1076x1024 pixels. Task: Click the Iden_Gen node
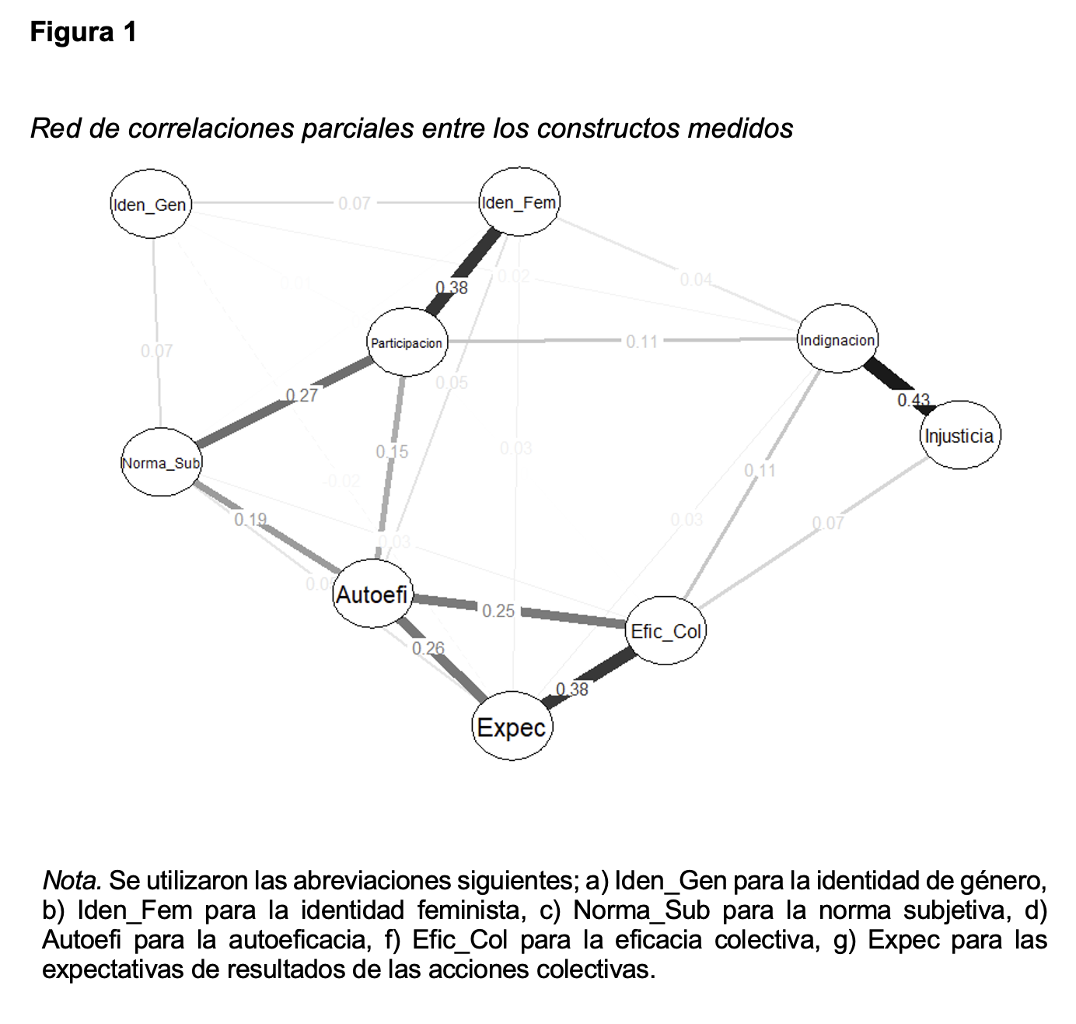pyautogui.click(x=151, y=204)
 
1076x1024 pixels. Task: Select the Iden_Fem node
pyautogui.click(x=519, y=202)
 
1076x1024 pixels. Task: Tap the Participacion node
pyautogui.click(x=407, y=342)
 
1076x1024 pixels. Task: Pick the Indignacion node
pyautogui.click(x=837, y=339)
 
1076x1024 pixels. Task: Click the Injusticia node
pyautogui.click(x=959, y=435)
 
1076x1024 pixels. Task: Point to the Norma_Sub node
pyautogui.click(x=162, y=463)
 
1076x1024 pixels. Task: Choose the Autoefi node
pyautogui.click(x=372, y=594)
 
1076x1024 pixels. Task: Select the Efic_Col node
pyautogui.click(x=666, y=631)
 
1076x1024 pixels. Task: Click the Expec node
pyautogui.click(x=512, y=727)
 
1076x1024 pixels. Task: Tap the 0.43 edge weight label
pyautogui.click(x=914, y=400)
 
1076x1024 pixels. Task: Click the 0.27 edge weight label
pyautogui.click(x=302, y=395)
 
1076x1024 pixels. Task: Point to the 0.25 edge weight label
pyautogui.click(x=498, y=611)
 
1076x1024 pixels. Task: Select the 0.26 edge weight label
pyautogui.click(x=428, y=647)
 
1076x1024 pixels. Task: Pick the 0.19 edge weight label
pyautogui.click(x=250, y=519)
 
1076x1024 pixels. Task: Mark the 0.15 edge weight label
pyautogui.click(x=392, y=451)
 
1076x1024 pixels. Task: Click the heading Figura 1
pyautogui.click(x=83, y=33)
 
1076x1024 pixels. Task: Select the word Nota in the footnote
pyautogui.click(x=71, y=881)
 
